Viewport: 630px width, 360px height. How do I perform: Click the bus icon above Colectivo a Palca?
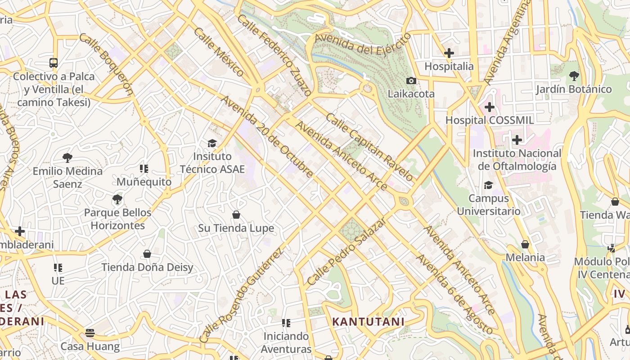point(54,63)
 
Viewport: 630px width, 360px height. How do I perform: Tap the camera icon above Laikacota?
point(411,81)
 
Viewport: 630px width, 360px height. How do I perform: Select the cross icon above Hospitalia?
point(449,53)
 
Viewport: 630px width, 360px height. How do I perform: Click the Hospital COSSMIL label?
point(489,120)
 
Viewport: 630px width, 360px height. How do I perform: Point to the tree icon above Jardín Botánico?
point(574,76)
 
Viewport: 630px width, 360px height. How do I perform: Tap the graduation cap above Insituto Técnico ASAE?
point(212,143)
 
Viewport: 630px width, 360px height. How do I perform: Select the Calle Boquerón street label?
point(106,64)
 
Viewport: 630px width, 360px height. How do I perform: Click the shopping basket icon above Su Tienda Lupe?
point(236,215)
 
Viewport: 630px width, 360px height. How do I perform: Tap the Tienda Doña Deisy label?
point(147,267)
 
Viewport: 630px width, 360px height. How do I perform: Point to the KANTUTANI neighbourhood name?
point(368,322)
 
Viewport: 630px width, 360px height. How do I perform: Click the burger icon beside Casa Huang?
point(90,333)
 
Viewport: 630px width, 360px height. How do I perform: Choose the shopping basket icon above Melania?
point(525,244)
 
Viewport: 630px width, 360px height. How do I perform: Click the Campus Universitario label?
point(489,205)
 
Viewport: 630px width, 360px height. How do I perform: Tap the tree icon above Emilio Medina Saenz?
point(67,157)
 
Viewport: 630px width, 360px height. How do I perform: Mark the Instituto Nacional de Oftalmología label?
point(517,160)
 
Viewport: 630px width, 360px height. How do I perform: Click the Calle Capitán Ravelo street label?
point(369,147)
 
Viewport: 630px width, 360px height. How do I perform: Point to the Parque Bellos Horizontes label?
point(118,219)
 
